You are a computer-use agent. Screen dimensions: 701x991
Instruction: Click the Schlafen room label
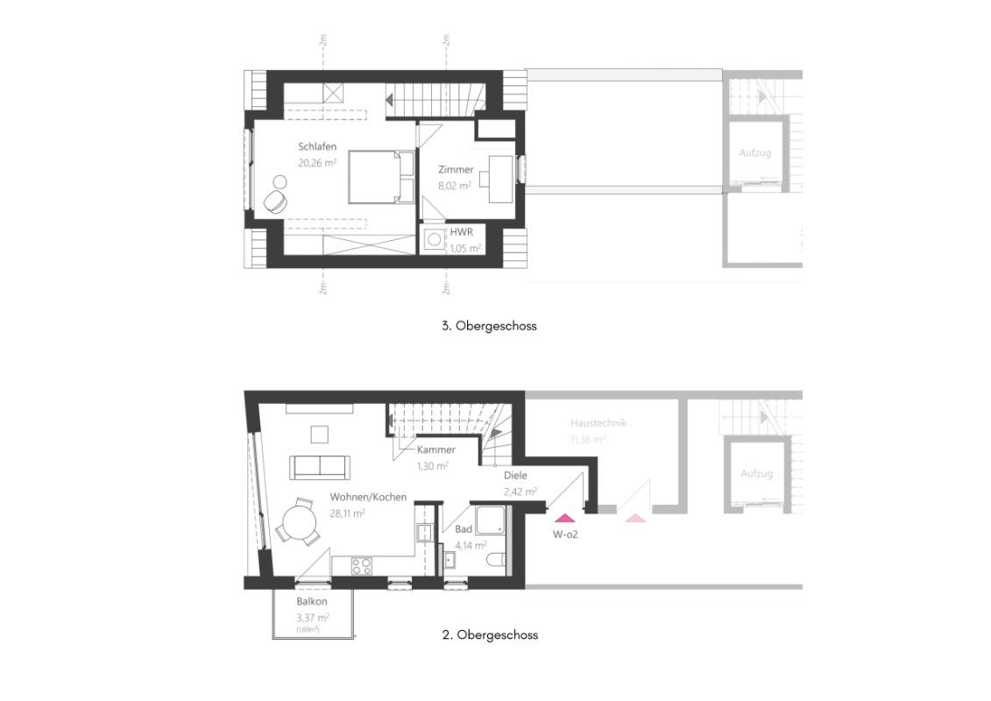click(317, 147)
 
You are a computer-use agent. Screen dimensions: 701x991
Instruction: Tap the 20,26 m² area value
click(318, 162)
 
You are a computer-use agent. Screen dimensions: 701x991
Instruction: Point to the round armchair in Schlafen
click(275, 201)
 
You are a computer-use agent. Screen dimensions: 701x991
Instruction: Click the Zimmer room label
click(456, 170)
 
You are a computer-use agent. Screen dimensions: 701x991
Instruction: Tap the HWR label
click(461, 233)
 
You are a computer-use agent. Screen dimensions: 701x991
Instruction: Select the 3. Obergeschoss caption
click(489, 326)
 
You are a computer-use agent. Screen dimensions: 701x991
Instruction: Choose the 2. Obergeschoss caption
click(490, 634)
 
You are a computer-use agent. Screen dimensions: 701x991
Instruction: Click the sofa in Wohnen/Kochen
click(319, 466)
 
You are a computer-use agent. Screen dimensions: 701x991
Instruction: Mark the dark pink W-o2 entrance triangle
click(563, 517)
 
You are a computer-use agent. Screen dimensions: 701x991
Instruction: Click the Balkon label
click(311, 602)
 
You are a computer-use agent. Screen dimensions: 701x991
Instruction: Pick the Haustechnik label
click(598, 423)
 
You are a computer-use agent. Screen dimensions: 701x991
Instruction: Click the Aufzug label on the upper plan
click(754, 153)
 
